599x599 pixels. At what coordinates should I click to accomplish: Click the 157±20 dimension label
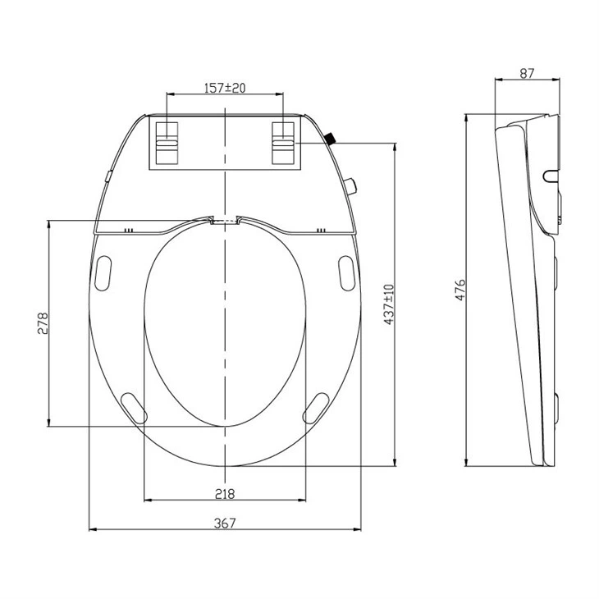pyautogui.click(x=225, y=88)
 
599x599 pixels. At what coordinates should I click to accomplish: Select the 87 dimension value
pyautogui.click(x=527, y=73)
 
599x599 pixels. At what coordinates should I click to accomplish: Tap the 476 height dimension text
pyautogui.click(x=460, y=290)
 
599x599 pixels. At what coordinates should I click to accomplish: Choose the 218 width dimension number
pyautogui.click(x=225, y=493)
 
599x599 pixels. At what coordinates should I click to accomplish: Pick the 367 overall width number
pyautogui.click(x=225, y=524)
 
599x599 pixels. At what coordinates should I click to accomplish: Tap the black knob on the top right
pyautogui.click(x=330, y=139)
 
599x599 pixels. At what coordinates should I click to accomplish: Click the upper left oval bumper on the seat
pyautogui.click(x=104, y=272)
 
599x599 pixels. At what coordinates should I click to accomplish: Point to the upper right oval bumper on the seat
pyautogui.click(x=345, y=272)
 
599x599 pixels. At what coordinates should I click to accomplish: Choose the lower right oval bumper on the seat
pyautogui.click(x=316, y=405)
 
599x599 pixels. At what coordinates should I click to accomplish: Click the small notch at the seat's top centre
pyautogui.click(x=224, y=220)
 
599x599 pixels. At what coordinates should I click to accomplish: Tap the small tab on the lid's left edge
pyautogui.click(x=107, y=176)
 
